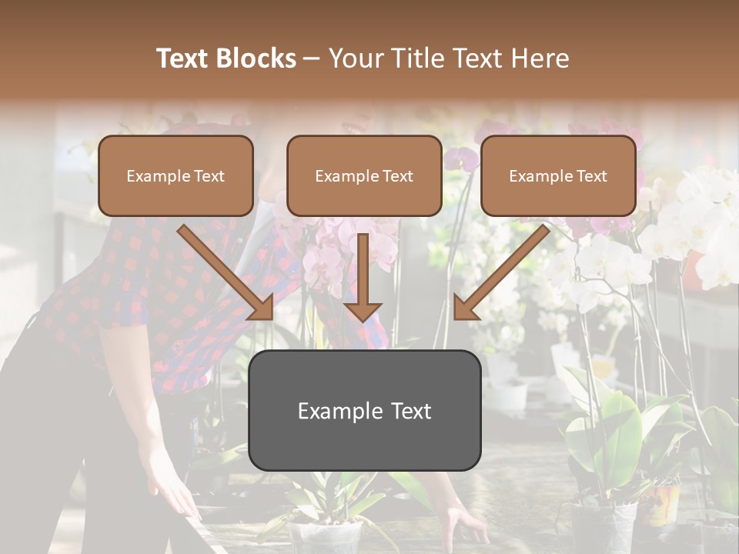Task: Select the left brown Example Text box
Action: click(x=176, y=175)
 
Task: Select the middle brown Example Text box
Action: click(x=364, y=175)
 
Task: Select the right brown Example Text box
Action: click(x=558, y=175)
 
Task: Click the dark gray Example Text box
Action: click(x=364, y=411)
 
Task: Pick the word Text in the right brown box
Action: click(x=592, y=176)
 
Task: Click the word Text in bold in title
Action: click(x=182, y=58)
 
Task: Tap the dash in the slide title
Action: click(x=312, y=58)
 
